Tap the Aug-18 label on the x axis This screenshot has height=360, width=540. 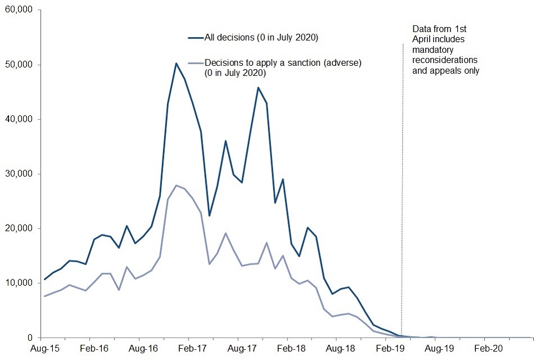click(336, 349)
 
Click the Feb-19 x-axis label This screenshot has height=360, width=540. click(385, 349)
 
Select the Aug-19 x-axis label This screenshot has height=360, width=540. click(435, 349)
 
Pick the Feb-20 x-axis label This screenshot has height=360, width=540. click(484, 349)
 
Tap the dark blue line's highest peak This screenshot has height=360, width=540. click(176, 63)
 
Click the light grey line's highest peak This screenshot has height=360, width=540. click(176, 185)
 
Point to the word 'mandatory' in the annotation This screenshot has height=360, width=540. click(432, 49)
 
